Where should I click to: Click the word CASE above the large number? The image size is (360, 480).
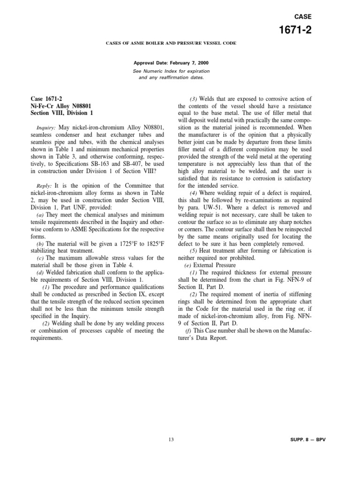pos(302,16)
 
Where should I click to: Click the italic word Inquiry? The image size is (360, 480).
pos(46,128)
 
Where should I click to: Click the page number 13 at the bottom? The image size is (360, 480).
pos(171,439)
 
